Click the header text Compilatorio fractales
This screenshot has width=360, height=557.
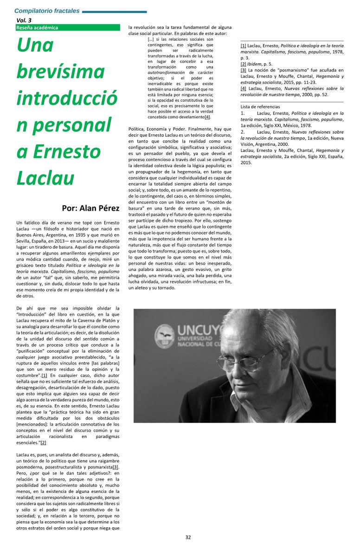(47, 11)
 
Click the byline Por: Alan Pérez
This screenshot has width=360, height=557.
(90, 207)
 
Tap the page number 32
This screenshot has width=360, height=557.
(188, 537)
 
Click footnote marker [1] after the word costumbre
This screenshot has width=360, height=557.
(44, 375)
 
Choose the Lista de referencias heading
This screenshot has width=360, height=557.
(260, 107)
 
